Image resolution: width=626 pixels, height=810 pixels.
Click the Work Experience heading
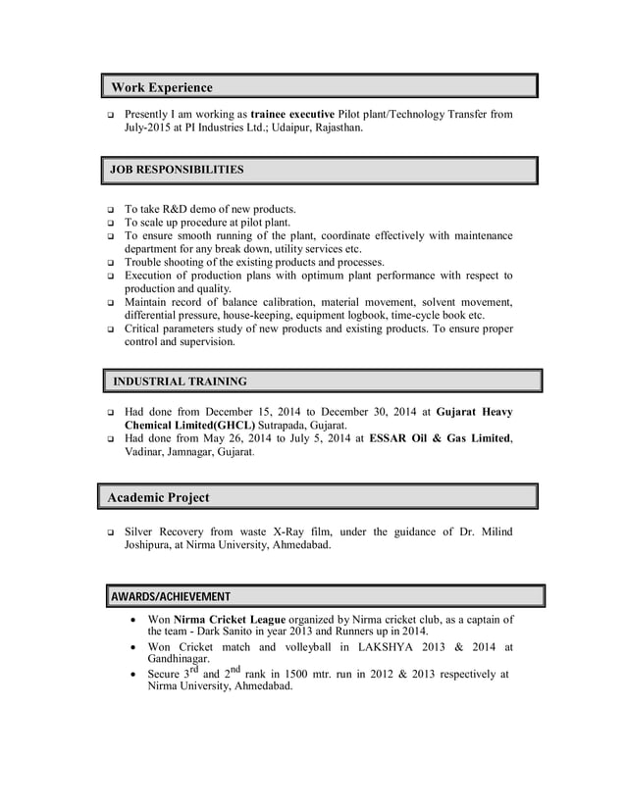(x=161, y=88)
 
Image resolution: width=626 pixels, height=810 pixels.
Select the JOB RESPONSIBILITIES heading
(x=177, y=170)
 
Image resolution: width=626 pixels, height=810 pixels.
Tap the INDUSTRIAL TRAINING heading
(x=181, y=380)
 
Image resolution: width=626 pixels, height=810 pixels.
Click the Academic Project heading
(x=158, y=497)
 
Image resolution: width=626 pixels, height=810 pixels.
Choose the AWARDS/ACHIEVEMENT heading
(x=171, y=596)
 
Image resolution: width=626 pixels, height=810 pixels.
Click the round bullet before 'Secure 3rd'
(x=133, y=675)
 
